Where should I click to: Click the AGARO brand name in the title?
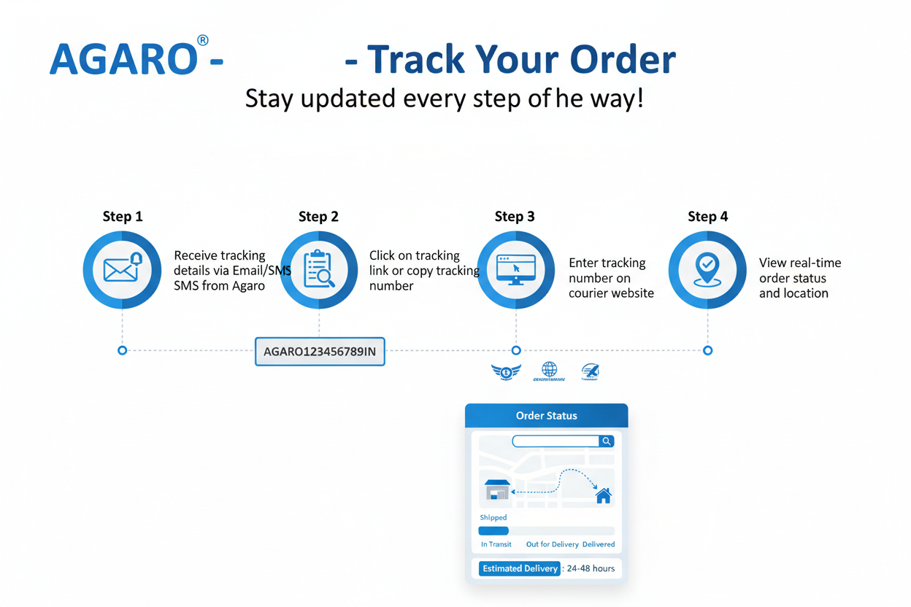123,60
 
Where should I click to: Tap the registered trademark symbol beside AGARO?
202,41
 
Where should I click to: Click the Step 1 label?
123,217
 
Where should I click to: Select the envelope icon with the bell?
122,270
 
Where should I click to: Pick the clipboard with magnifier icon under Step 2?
319,270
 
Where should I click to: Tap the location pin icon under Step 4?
707,270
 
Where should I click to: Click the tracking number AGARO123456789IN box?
320,352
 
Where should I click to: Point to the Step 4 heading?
707,217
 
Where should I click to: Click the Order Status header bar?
546,416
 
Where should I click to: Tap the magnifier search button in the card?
607,441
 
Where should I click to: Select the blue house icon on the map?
603,496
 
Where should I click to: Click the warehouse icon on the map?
497,490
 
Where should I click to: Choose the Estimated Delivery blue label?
520,568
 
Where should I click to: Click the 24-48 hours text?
591,568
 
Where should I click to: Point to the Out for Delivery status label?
552,544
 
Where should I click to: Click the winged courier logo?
506,372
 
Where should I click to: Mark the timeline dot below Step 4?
707,351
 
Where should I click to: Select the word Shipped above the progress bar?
493,517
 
